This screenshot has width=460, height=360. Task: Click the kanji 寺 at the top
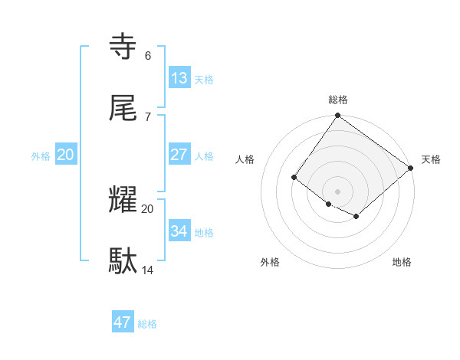pos(124,47)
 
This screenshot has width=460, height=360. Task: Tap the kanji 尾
pos(124,108)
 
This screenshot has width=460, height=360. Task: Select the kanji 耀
pos(124,200)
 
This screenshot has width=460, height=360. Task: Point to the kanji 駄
pos(124,261)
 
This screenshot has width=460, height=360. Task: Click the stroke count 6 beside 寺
pos(148,55)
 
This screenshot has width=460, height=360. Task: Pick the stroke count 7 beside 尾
pos(148,116)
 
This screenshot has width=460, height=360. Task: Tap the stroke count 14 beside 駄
pos(148,270)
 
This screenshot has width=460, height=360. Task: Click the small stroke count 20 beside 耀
pos(148,208)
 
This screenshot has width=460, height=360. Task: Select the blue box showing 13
pos(179,78)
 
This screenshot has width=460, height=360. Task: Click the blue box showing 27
pos(179,155)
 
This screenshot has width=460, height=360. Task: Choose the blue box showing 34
pos(179,231)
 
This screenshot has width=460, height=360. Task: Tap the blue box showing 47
pos(123,322)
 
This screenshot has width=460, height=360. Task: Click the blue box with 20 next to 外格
pos(66,155)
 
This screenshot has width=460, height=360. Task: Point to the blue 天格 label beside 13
pos(204,79)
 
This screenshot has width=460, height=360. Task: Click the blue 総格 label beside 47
pos(147,323)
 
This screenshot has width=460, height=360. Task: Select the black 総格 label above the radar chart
pos(338,100)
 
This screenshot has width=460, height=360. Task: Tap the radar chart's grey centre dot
pos(337,191)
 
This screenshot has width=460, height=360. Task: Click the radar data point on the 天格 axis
pos(411,169)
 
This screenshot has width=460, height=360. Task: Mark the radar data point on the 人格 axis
pos(294,178)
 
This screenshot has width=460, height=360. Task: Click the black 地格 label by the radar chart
pos(402,262)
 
